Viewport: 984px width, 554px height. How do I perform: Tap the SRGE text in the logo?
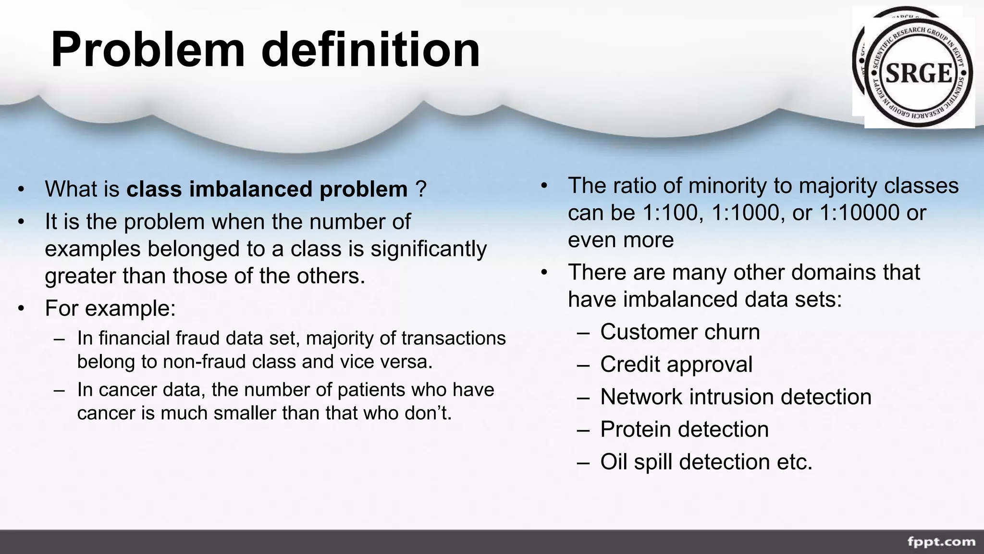(x=919, y=74)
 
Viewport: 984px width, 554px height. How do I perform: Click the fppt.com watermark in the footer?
(x=941, y=542)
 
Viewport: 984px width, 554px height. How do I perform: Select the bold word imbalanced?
(x=251, y=189)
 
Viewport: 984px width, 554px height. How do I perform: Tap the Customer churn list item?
(x=679, y=332)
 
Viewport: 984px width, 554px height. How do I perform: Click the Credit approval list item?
(x=676, y=364)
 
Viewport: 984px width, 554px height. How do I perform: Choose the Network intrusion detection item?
(x=735, y=397)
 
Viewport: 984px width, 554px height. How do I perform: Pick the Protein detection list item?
(x=684, y=429)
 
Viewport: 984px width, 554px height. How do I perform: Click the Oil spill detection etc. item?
(x=706, y=462)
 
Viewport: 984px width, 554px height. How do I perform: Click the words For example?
(x=110, y=308)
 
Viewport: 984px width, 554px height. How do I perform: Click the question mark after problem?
(x=421, y=189)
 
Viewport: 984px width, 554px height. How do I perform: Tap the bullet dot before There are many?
(x=544, y=273)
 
